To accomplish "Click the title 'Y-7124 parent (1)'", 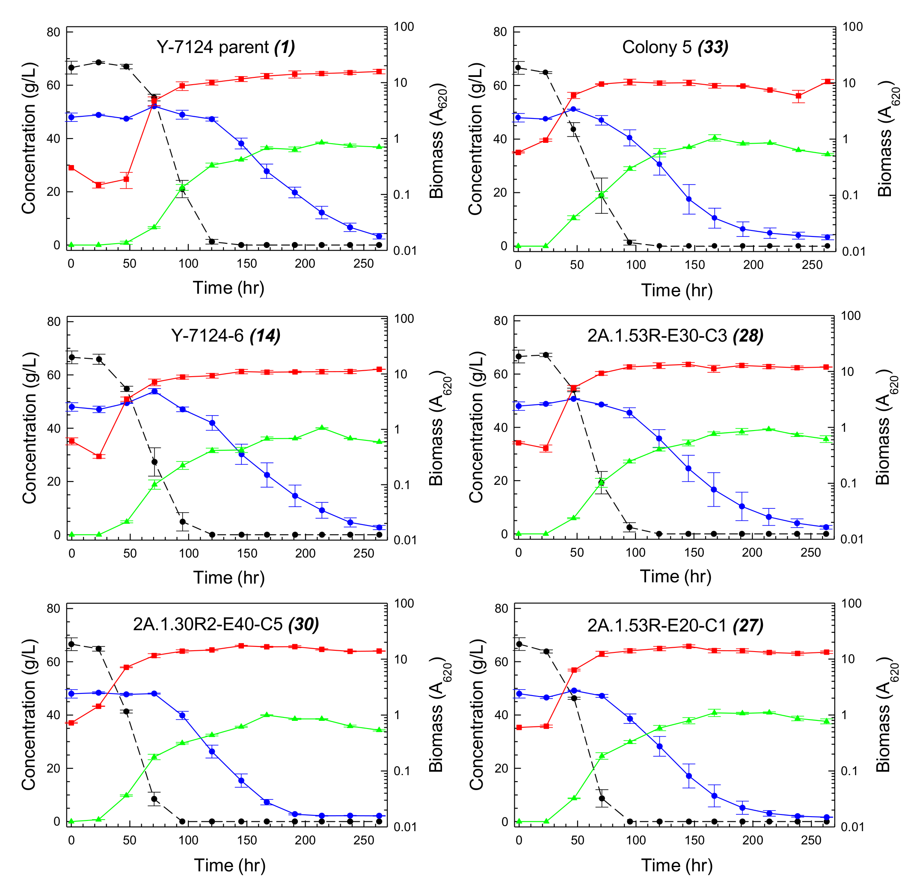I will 226,47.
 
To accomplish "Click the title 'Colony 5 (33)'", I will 675,47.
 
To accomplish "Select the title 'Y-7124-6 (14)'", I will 226,336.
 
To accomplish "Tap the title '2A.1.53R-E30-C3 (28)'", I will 675,336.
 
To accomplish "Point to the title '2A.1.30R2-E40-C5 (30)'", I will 226,624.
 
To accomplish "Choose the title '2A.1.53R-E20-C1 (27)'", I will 675,625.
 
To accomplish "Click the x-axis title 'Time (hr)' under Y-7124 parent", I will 228,287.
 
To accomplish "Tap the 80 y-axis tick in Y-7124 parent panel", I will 53,32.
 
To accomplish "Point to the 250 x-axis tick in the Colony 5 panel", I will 812,265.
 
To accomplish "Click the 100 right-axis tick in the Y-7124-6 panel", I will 404,319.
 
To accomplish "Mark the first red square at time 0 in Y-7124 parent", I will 71,168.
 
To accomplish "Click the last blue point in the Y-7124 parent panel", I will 379,236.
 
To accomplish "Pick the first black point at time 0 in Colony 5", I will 518,68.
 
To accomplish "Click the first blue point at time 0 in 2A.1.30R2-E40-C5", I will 71,693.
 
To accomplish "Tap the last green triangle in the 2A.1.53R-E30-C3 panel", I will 826,439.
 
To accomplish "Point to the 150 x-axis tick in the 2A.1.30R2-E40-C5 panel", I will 247,841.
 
